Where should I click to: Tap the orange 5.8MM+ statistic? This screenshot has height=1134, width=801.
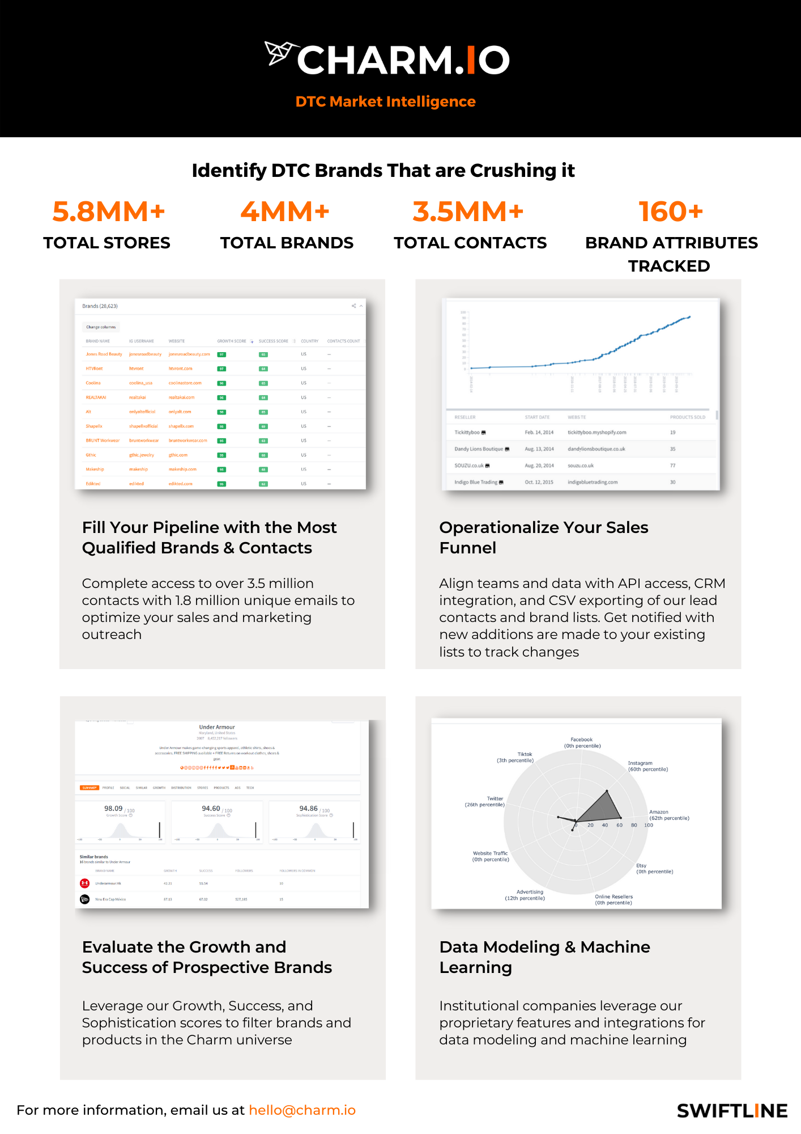(109, 211)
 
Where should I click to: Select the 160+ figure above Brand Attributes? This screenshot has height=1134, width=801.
(671, 211)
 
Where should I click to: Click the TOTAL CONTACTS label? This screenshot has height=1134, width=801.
(470, 243)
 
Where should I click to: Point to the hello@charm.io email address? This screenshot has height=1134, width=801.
(302, 1110)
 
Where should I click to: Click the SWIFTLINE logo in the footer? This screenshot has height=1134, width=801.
(732, 1111)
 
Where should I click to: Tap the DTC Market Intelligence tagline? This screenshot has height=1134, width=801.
(385, 101)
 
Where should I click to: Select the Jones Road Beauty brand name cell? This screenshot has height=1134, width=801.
(104, 354)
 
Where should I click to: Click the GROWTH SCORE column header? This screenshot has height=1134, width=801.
(232, 341)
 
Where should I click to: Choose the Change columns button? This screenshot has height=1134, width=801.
(101, 327)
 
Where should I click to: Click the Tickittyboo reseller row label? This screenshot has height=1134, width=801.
(467, 432)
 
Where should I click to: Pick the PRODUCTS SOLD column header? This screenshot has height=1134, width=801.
(687, 417)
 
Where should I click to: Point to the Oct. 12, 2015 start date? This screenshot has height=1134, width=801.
(539, 482)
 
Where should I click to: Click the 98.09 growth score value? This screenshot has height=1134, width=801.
(113, 809)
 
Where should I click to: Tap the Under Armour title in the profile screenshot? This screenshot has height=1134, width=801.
(217, 727)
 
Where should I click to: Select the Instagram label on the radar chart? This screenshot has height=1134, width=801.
(640, 763)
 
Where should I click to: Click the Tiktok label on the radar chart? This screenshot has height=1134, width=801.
(525, 754)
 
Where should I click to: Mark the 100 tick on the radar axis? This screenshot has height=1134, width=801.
(649, 825)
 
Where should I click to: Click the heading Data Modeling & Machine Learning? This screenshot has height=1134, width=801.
(544, 957)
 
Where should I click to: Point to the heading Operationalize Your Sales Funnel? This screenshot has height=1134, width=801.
(543, 538)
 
